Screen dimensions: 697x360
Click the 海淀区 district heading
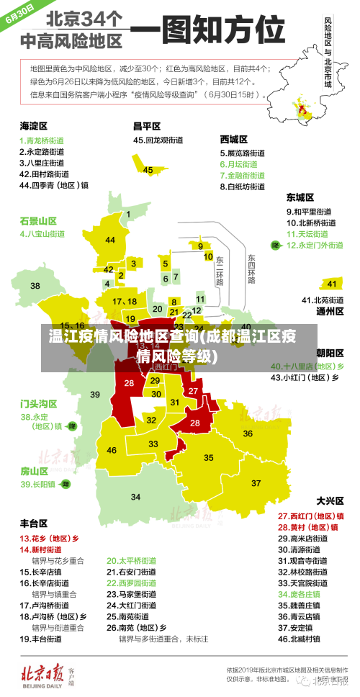coord(33,125)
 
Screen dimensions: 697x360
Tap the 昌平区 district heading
coord(146,125)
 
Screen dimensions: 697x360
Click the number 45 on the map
coord(148,170)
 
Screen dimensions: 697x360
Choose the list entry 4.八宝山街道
coord(42,233)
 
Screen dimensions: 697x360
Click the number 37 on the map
coord(256,482)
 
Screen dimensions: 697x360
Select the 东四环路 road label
coord(251,269)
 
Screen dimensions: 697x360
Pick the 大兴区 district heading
coord(330,500)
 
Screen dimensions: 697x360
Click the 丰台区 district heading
coord(33,523)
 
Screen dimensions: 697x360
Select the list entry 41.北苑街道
coord(312,300)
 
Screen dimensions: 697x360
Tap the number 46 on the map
coord(112,450)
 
